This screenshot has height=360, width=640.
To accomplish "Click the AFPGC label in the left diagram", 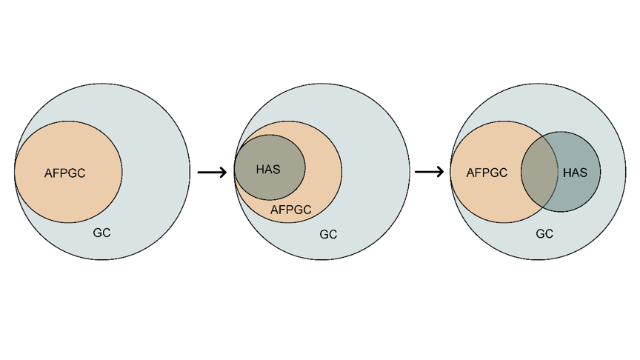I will (65, 174).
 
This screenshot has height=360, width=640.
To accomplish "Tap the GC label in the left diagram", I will (101, 233).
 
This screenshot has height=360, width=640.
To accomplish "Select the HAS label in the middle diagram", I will (268, 170).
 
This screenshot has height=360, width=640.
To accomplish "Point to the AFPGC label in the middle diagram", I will (290, 210).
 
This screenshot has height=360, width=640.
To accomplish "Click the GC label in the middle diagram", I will (328, 235).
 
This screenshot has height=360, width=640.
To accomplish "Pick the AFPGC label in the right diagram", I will (487, 173).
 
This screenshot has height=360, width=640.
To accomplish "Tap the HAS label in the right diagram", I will (575, 173).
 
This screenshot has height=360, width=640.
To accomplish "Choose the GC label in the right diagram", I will (544, 234).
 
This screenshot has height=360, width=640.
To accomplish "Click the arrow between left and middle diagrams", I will (212, 173).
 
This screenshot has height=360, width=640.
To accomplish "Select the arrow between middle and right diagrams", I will (429, 173).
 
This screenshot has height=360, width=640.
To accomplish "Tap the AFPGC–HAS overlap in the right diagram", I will (539, 172).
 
